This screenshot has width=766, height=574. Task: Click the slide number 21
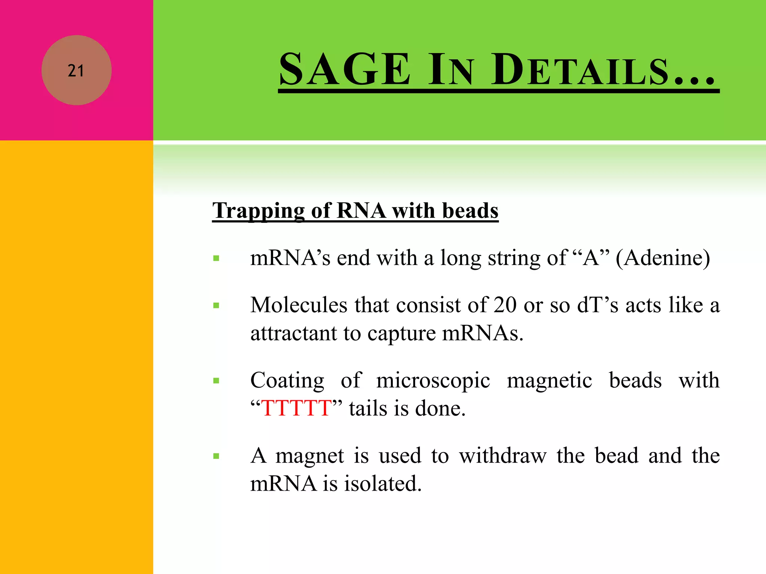tap(76, 71)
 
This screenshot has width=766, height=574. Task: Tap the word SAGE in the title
tap(344, 70)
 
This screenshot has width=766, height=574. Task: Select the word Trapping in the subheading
tap(258, 211)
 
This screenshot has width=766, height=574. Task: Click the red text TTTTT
tap(296, 408)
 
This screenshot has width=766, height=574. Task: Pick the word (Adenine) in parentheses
tap(663, 258)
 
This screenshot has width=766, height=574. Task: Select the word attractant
tap(294, 333)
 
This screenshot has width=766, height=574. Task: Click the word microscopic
tap(433, 380)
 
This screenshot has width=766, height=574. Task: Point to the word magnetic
tap(549, 380)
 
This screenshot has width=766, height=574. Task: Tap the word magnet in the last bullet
tap(310, 456)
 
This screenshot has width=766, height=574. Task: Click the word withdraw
tap(503, 456)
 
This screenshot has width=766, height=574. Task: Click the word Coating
tap(287, 380)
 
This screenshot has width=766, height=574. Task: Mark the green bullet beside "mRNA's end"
tap(216, 258)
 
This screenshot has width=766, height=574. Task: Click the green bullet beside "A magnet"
tap(216, 456)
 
